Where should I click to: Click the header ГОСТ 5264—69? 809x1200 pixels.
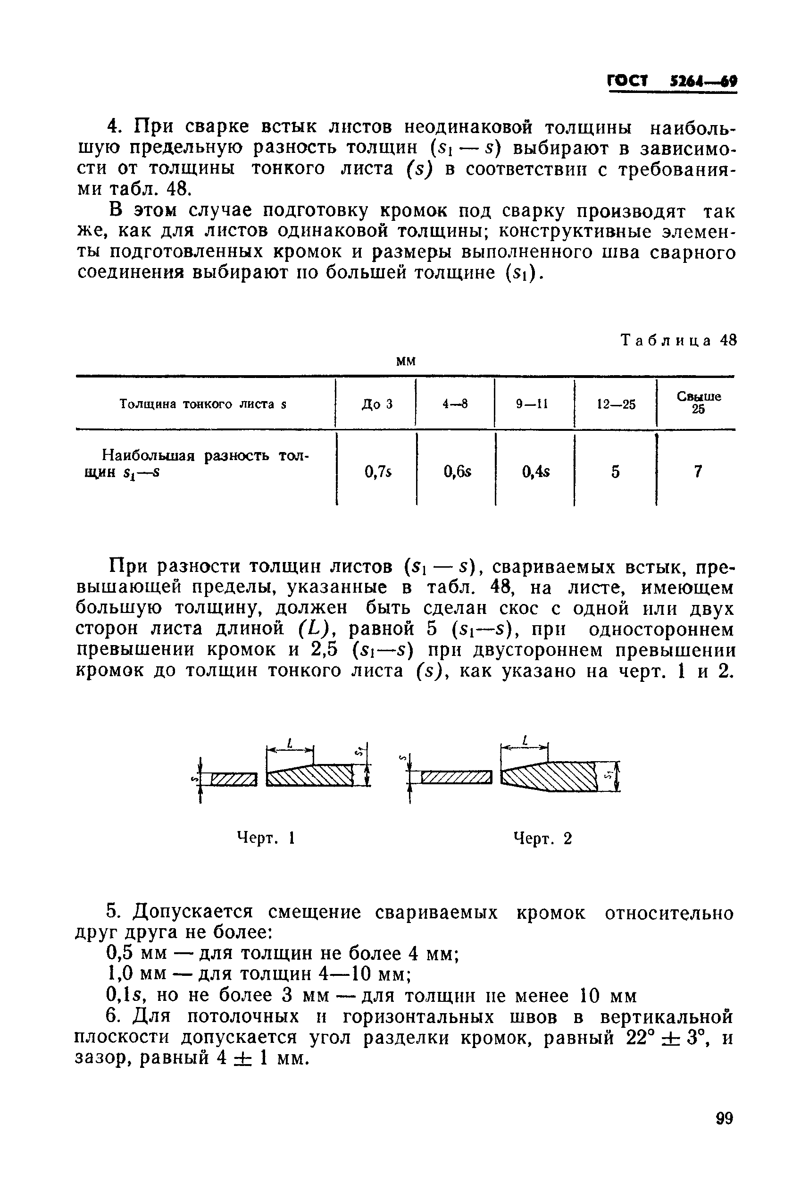pos(672,82)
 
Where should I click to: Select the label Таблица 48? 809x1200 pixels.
pos(679,340)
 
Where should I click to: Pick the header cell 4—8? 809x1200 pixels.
pos(455,404)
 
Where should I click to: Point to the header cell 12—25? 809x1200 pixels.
pos(616,404)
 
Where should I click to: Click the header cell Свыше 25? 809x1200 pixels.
pos(699,402)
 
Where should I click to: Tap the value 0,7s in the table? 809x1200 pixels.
pos(378,471)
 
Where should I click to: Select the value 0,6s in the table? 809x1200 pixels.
pos(457,471)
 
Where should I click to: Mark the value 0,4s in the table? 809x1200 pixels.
pos(535,471)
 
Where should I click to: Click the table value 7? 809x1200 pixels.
pos(698,471)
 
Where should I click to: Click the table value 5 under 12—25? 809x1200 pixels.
pos(616,471)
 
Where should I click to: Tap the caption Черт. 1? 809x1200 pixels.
pos(265,838)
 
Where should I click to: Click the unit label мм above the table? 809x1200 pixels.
pos(406,361)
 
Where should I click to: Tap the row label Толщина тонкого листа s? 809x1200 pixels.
pos(203,404)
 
